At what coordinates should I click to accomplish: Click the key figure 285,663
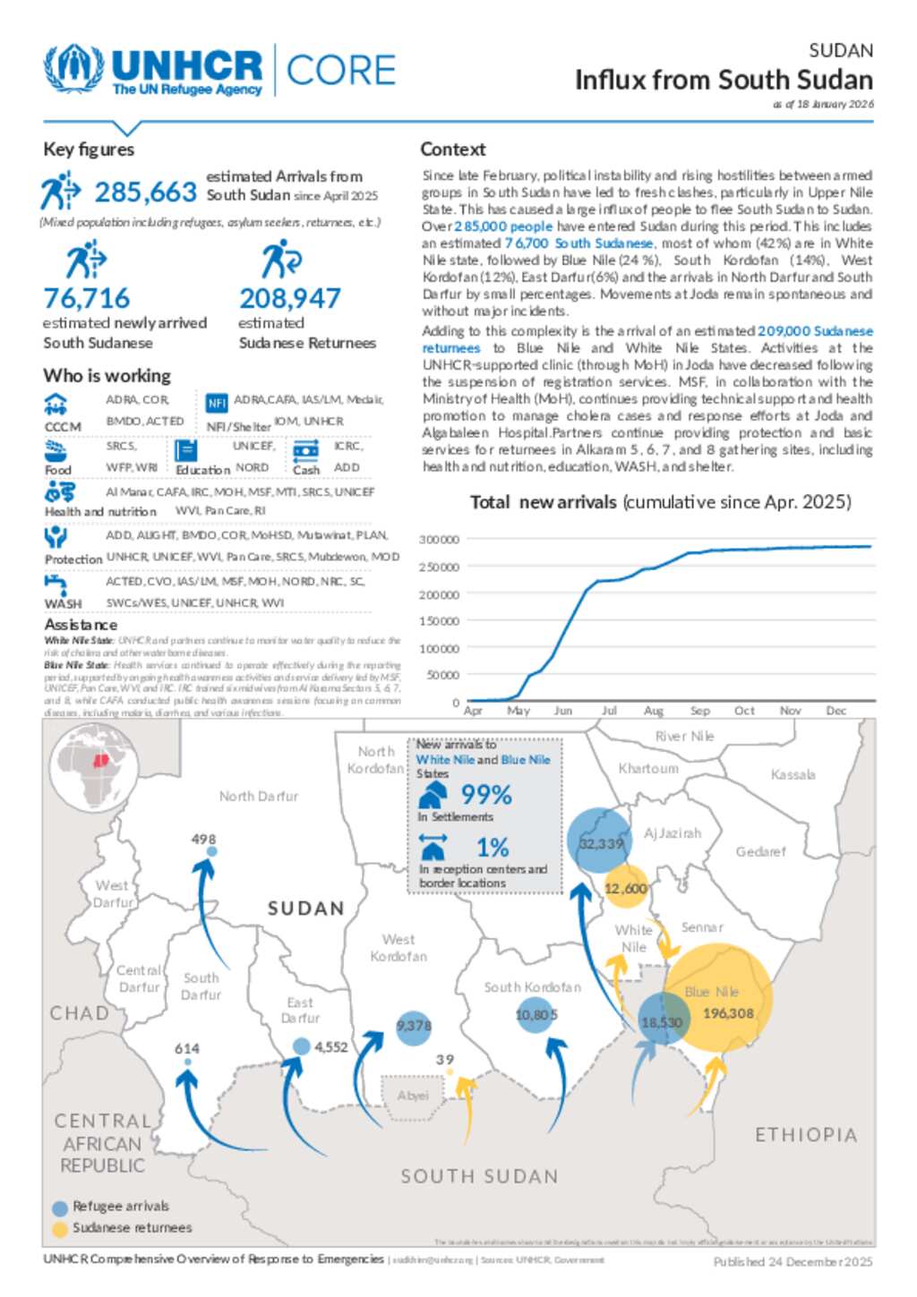click(x=145, y=192)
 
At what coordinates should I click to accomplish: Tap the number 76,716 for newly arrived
click(x=87, y=298)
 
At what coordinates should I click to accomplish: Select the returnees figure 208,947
click(x=290, y=298)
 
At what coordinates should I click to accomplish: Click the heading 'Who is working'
click(x=107, y=376)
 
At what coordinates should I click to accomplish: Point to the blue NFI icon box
click(x=217, y=403)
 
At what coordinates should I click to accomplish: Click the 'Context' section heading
click(x=453, y=149)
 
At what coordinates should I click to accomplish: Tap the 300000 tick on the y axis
click(x=439, y=540)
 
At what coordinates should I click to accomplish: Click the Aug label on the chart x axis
click(x=654, y=711)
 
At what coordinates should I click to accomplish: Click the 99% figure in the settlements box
click(x=486, y=795)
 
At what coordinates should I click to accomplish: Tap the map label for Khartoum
click(x=648, y=769)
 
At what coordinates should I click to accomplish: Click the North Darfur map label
click(x=259, y=796)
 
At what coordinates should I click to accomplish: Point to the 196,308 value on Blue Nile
click(x=728, y=1013)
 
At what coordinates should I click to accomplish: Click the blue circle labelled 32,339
click(x=600, y=841)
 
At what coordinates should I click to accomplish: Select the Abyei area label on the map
click(x=413, y=1096)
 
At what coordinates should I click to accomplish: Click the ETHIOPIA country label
click(x=806, y=1135)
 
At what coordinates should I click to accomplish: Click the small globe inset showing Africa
click(x=94, y=767)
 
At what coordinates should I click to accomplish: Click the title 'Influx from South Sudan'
click(x=724, y=81)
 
